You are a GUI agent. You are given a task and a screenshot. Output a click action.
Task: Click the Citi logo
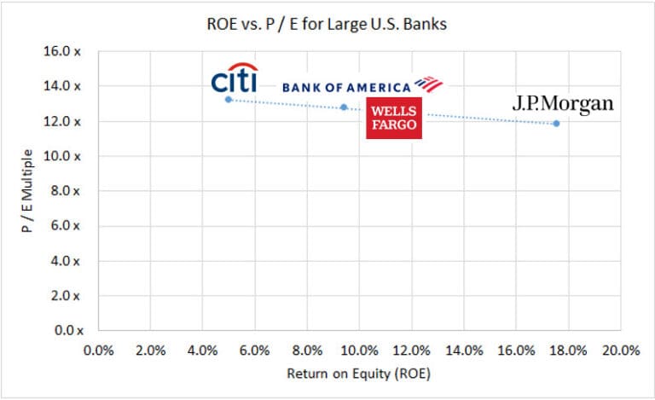[x=235, y=78]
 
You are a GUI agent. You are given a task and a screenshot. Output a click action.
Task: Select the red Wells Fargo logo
[x=394, y=118]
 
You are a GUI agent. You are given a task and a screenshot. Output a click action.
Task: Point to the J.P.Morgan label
[x=562, y=104]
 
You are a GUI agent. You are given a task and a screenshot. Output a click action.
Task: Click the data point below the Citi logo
[x=229, y=100]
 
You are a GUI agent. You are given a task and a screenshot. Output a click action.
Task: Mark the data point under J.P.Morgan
[x=556, y=124]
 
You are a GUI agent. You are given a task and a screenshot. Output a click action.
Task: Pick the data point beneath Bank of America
[x=344, y=107]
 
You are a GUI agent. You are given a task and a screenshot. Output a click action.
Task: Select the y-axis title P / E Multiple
[x=27, y=189]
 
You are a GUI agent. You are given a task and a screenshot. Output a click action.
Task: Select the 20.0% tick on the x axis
[x=620, y=351]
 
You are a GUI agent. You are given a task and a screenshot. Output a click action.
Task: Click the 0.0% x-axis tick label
[x=98, y=351]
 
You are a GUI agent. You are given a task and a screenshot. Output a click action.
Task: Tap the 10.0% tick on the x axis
[x=359, y=351]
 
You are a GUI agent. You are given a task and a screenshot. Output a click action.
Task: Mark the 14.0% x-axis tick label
[x=463, y=351]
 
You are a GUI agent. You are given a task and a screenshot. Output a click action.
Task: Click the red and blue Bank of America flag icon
[x=429, y=84]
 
